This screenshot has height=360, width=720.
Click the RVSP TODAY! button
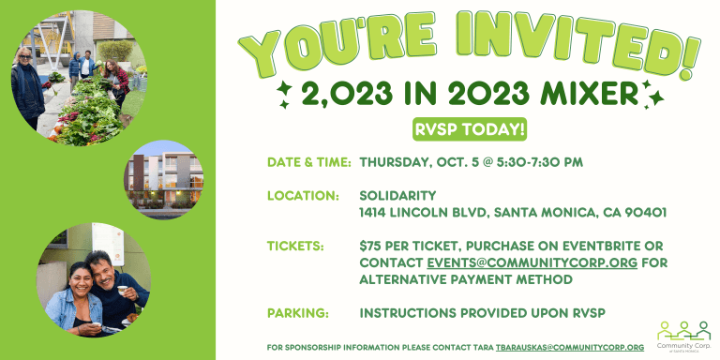coord(470,130)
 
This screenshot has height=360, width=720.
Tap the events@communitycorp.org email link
coord(532,263)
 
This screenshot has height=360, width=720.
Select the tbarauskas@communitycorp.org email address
coord(570,348)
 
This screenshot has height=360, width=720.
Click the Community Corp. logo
coord(684,334)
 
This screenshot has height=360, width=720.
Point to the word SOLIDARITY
coord(397,196)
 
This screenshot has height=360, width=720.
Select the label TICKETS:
coord(295,247)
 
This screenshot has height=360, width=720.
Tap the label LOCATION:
coord(303,196)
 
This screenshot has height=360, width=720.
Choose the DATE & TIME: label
coord(309,162)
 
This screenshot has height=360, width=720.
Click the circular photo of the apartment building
coord(164,180)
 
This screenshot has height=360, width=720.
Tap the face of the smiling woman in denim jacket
coord(81,278)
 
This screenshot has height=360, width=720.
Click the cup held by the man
coord(122,291)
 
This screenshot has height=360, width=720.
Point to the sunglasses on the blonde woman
coord(24,56)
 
